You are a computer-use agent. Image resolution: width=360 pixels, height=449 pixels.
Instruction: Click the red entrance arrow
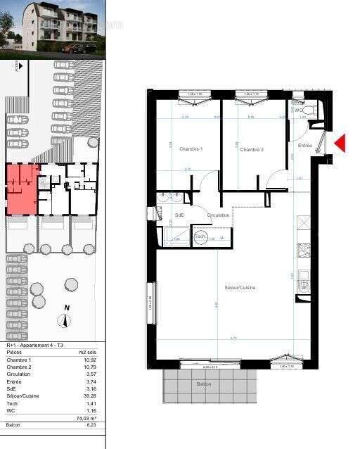tap(340, 144)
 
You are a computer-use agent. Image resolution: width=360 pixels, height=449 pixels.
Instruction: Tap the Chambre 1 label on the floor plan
tap(191, 149)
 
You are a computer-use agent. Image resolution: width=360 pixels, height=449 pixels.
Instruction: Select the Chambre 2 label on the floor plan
tap(252, 150)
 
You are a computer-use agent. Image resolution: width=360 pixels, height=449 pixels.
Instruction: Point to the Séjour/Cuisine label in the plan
tap(240, 287)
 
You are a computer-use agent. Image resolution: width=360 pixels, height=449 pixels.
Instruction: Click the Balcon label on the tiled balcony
tap(203, 384)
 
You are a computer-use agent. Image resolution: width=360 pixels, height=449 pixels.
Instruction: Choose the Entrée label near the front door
tap(305, 146)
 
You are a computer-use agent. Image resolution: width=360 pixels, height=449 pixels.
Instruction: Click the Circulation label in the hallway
tap(218, 215)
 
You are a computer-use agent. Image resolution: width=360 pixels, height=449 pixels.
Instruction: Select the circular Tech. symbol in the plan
tap(200, 237)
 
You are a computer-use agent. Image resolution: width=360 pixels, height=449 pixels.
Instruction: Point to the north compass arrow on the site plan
tap(65, 320)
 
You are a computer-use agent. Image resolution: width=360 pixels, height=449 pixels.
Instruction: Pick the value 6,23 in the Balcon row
tap(91, 426)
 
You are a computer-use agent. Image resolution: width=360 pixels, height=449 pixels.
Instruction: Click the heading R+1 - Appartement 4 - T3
tap(34, 346)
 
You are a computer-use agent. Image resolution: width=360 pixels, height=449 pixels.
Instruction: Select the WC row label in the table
tap(11, 410)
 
